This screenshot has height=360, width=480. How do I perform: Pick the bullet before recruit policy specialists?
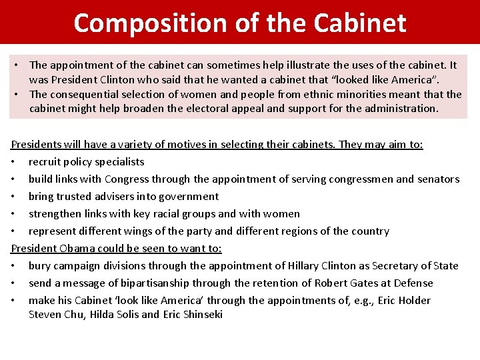pos(14,162)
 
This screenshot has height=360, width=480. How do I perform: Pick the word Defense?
pos(417,283)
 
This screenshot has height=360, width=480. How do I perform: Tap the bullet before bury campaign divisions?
pos(14,266)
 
